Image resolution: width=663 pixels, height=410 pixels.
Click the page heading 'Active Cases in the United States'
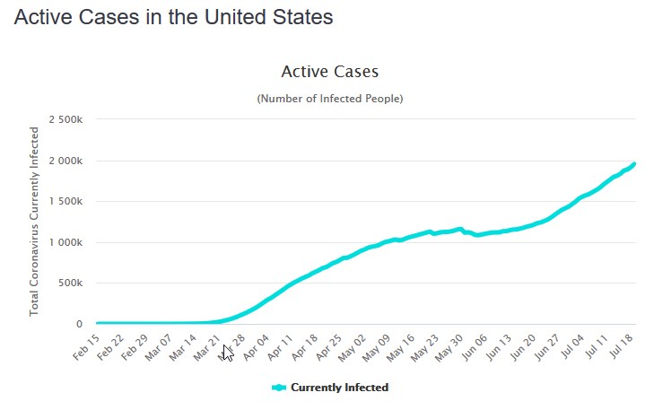173,18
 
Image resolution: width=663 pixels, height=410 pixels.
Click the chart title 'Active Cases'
329,71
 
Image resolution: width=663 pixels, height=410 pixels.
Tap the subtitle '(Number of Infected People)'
329,98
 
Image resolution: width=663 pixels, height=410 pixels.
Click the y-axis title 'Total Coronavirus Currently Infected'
35,221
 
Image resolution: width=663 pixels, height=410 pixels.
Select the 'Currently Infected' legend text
339,388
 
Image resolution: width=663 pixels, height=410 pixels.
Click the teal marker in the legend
278,388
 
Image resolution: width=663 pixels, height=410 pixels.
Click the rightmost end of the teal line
634,163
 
